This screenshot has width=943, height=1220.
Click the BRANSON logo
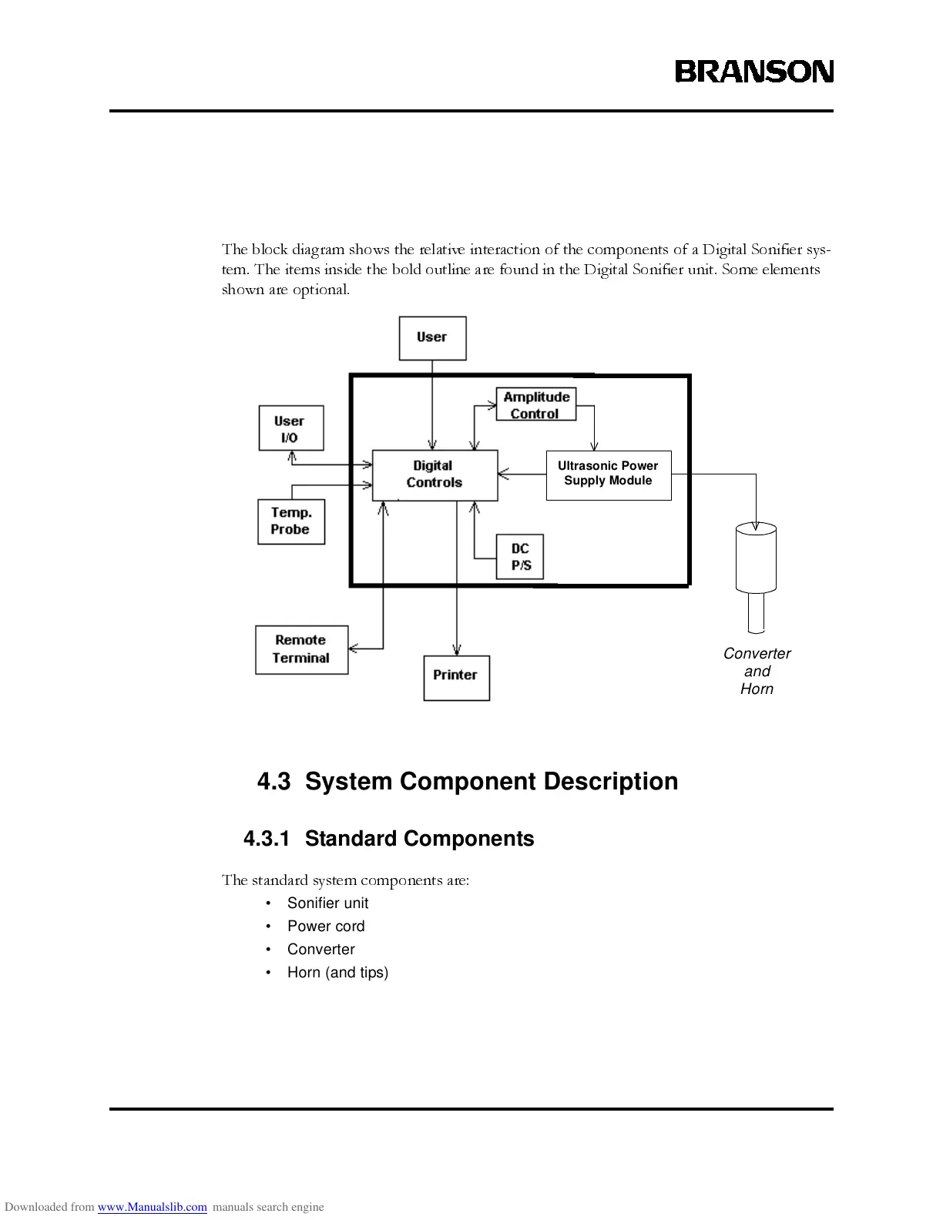(754, 72)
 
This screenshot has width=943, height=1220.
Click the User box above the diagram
(432, 337)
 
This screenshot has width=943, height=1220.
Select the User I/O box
(290, 428)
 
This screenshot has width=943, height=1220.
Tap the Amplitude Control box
(535, 404)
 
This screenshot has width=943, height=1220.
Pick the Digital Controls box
(435, 474)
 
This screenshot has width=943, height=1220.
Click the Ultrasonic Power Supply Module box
(608, 474)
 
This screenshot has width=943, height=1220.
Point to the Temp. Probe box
(290, 521)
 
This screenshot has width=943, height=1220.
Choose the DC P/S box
(520, 557)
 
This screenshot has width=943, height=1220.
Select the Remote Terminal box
(301, 649)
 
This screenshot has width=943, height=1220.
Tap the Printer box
(456, 677)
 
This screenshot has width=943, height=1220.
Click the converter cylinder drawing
(756, 558)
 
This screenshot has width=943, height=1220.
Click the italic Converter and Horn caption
(757, 671)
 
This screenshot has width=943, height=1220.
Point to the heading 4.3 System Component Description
(468, 781)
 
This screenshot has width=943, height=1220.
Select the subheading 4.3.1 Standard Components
(388, 839)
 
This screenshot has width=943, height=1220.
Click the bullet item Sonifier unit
(327, 903)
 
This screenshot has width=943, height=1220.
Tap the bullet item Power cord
(326, 926)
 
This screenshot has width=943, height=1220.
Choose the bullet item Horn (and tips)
(337, 972)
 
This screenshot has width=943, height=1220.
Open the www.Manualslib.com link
(152, 1207)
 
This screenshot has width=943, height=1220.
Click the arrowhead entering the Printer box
(457, 650)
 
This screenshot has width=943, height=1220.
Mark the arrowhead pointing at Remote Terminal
(354, 649)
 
